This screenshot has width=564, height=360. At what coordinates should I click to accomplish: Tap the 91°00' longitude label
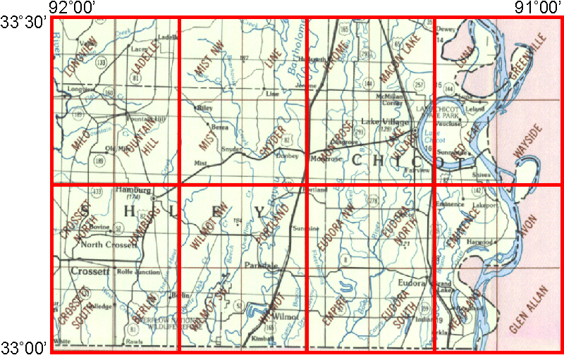point(536,8)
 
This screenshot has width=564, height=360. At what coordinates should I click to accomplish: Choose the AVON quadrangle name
point(530,226)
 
